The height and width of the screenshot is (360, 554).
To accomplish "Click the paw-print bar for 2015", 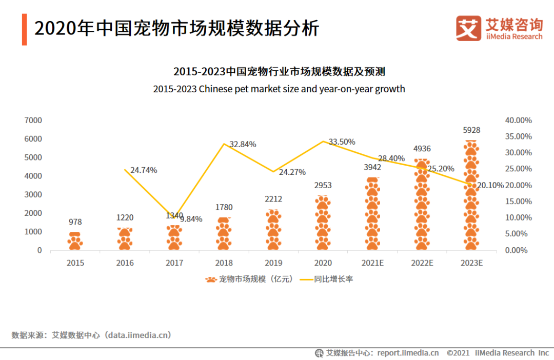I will [x=75, y=241].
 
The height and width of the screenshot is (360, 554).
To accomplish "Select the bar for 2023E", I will [x=471, y=195].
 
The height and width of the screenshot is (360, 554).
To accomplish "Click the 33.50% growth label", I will [x=341, y=142].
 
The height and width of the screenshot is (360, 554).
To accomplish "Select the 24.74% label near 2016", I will [x=144, y=170].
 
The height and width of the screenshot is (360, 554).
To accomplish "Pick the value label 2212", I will [x=273, y=199].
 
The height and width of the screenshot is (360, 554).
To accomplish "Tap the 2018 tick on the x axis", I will [x=224, y=263].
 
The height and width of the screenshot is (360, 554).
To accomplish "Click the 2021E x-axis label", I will [x=372, y=263].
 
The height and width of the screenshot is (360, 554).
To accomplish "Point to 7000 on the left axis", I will [x=33, y=120].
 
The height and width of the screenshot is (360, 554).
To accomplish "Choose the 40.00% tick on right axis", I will [x=518, y=120].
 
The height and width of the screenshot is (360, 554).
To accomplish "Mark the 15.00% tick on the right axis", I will [x=518, y=202].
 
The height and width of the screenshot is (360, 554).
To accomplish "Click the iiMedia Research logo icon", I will [x=468, y=28].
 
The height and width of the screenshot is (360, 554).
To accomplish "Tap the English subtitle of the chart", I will [x=279, y=89].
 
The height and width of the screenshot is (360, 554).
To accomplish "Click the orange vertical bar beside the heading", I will [x=24, y=29].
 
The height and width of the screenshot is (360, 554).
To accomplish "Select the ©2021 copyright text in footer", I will [x=458, y=353].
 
